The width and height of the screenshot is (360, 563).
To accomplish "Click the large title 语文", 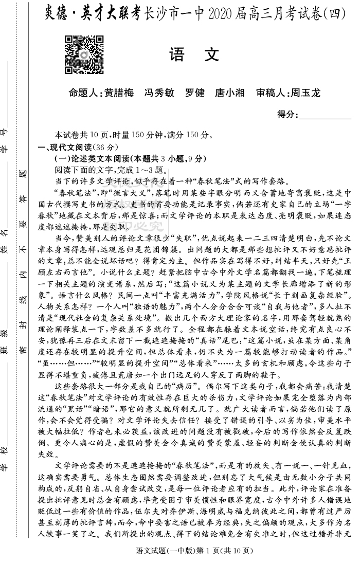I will click(194, 55).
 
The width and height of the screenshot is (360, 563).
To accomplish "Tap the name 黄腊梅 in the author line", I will click(119, 93).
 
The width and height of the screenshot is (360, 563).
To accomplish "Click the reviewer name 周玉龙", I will click(305, 93).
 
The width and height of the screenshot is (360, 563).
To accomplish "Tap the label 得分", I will click(286, 114).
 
